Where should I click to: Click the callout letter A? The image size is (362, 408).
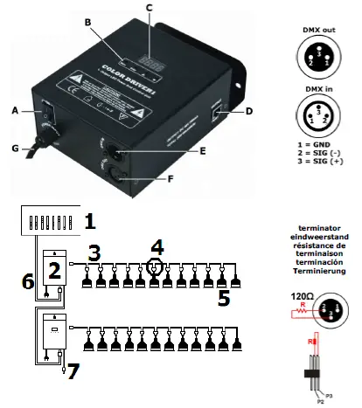click(14, 111)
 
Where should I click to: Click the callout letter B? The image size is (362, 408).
click(87, 20)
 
